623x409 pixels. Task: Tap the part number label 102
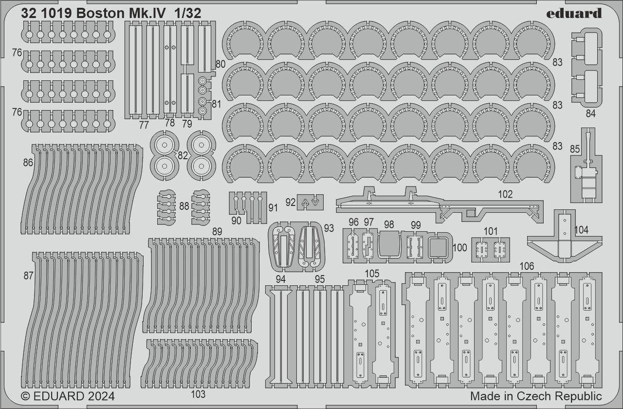[505, 194]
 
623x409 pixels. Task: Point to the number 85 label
[575, 149]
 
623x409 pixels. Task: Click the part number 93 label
[329, 228]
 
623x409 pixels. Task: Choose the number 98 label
[388, 224]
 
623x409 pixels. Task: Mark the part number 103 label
[199, 394]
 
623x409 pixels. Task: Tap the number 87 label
[28, 276]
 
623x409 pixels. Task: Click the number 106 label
[527, 266]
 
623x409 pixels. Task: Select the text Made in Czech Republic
[536, 396]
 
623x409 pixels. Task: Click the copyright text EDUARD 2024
[68, 396]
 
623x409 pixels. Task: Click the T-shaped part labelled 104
[564, 239]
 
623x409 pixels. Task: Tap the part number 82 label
[183, 155]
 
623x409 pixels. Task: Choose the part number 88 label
[183, 206]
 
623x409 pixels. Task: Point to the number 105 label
[372, 274]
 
